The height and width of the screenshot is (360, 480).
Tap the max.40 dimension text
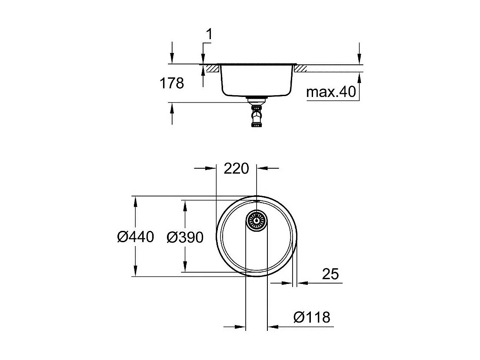tap(331, 92)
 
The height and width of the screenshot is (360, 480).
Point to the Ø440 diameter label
tap(136, 237)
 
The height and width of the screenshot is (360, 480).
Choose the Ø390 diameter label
tap(185, 237)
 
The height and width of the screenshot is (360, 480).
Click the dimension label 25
tap(330, 274)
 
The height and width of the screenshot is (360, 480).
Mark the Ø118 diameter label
tap(312, 317)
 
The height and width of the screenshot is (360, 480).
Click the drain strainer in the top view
tap(257, 220)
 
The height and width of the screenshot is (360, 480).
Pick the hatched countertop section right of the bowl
tap(301, 68)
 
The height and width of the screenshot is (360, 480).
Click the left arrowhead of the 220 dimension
tap(211, 168)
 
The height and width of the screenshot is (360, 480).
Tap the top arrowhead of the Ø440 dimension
tap(136, 201)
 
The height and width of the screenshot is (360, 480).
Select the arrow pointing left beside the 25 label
tap(303, 283)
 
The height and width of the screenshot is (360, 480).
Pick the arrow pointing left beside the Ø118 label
tap(273, 327)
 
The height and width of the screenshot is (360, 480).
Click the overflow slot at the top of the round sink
tap(257, 200)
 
